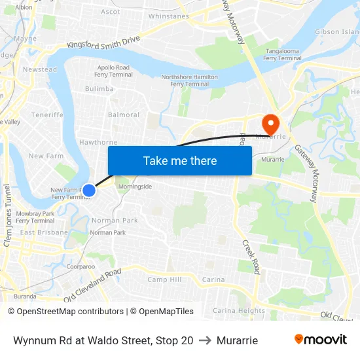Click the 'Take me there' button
pos(180,160)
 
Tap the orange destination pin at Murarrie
pos(270,123)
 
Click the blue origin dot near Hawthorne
pos(89,190)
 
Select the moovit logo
pos(320,340)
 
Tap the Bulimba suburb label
pos(99,89)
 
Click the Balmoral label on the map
pos(124,115)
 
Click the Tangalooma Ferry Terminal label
pos(283,54)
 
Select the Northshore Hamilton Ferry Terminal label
pos(189,81)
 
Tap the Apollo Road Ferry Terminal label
pos(115,71)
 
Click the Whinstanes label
pos(169,16)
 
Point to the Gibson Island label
pos(337,31)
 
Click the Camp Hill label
pos(164,279)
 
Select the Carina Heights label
pos(239,311)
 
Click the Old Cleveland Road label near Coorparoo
pos(92,285)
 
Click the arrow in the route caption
pos(205,340)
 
